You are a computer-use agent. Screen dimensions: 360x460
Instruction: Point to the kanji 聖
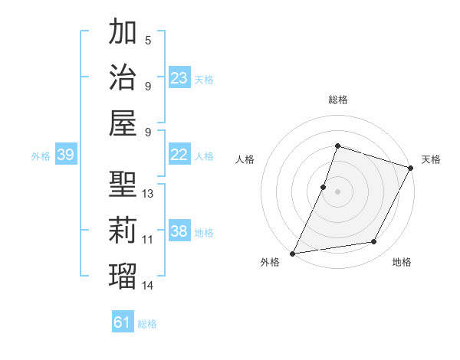[x=123, y=184]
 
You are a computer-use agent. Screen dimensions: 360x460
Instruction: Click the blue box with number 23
[x=179, y=78]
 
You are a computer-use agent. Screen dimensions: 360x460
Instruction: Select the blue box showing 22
[x=179, y=155]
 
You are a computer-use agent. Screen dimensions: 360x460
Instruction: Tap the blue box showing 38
[x=179, y=231]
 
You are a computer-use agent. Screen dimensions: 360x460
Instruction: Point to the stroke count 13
[x=149, y=194]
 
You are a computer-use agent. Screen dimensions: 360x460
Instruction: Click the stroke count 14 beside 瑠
[x=149, y=286]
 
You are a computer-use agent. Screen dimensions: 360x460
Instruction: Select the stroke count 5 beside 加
[x=147, y=40]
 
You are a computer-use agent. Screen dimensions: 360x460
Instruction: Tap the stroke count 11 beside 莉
[x=149, y=240]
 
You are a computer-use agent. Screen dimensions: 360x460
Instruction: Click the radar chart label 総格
[x=337, y=100]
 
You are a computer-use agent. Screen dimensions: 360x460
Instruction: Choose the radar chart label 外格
[x=270, y=263]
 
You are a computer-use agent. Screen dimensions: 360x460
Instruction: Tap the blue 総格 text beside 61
[x=147, y=324]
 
